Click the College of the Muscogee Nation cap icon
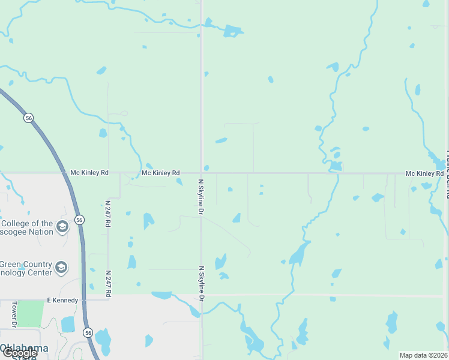coord(61,226)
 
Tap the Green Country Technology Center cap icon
coord(61,267)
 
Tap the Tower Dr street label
coord(14,314)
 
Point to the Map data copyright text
coord(423,355)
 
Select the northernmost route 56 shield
coord(28,118)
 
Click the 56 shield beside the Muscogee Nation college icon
coord(79,220)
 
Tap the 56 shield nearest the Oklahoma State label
coord(88,332)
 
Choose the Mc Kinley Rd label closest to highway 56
coord(89,173)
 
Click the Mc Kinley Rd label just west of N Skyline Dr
coord(160,173)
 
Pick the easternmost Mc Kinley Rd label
coord(424,173)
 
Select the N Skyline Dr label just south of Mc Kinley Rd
coord(202,197)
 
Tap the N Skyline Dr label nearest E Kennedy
coord(202,284)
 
